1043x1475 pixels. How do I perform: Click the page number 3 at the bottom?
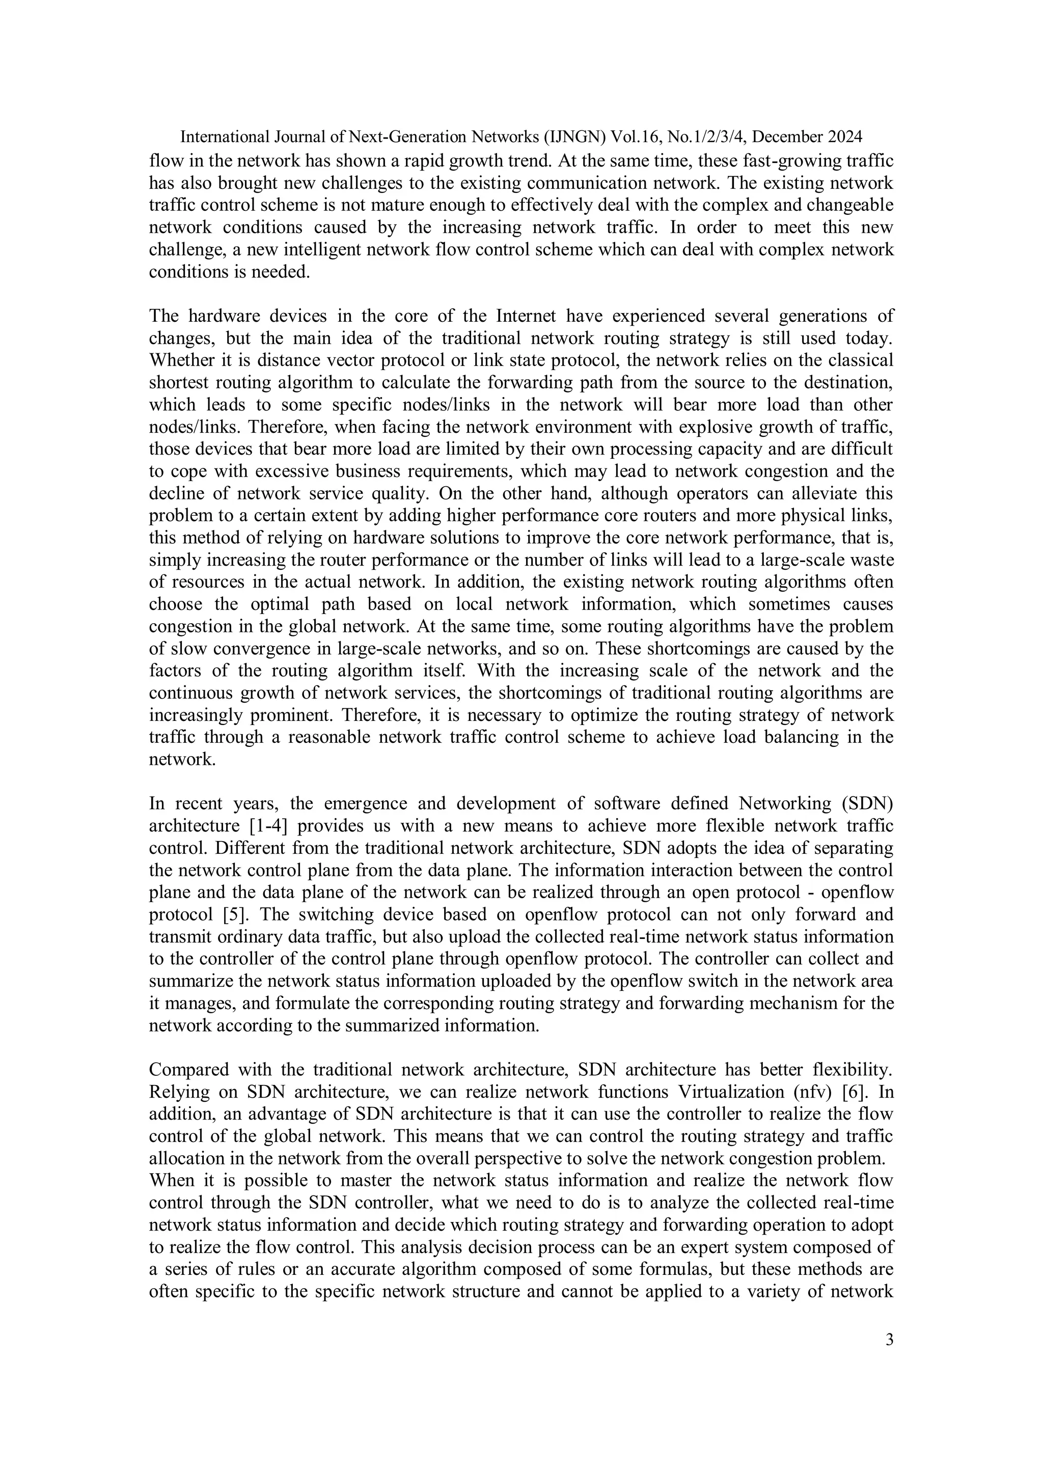889,1340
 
